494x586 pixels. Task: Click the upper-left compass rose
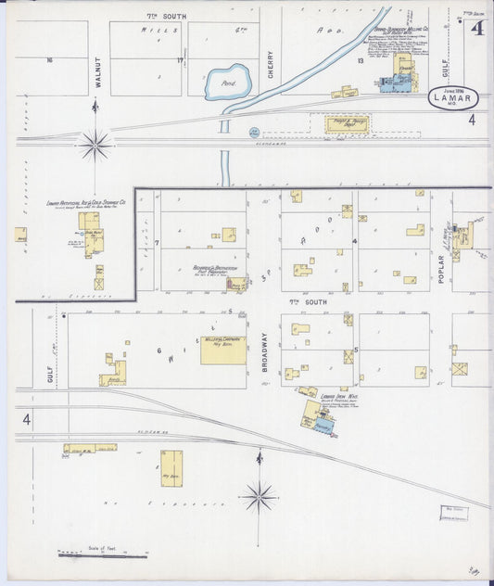click(x=95, y=144)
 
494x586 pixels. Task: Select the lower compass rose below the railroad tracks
click(x=259, y=496)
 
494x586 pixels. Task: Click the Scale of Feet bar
click(x=102, y=554)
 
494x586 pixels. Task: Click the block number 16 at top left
click(x=49, y=60)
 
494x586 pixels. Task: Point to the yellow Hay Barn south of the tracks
click(x=171, y=467)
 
